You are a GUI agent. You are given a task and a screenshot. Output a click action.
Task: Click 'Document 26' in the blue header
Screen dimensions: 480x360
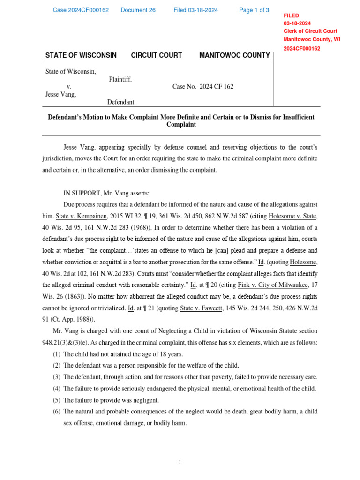pyautogui.click(x=138, y=10)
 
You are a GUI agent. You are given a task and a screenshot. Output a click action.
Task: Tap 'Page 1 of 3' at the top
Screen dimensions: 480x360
pyautogui.click(x=254, y=10)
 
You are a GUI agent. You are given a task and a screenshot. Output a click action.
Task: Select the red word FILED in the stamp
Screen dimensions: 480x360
pyautogui.click(x=292, y=15)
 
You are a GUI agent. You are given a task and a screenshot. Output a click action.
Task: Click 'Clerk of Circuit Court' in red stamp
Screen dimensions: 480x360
pyautogui.click(x=310, y=31)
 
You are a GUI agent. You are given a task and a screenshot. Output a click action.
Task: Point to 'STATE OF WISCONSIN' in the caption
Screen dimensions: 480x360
pyautogui.click(x=81, y=55)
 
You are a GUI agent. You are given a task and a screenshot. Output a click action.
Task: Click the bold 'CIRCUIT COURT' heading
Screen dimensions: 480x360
pyautogui.click(x=157, y=55)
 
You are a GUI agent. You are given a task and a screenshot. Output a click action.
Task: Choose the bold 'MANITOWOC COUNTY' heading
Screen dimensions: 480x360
pyautogui.click(x=234, y=55)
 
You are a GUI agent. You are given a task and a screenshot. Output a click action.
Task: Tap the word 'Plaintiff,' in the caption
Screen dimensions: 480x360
pyautogui.click(x=120, y=79)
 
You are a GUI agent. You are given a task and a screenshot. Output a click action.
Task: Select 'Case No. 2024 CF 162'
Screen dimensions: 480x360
pyautogui.click(x=202, y=87)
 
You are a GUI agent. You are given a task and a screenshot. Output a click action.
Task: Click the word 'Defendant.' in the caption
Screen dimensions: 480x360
pyautogui.click(x=121, y=102)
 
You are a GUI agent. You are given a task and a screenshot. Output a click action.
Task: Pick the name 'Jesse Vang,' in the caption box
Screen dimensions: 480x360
pyautogui.click(x=60, y=94)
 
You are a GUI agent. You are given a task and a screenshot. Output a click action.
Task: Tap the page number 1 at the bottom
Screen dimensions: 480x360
pyautogui.click(x=180, y=463)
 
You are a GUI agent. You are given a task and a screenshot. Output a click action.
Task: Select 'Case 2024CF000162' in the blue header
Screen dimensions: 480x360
pyautogui.click(x=81, y=10)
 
